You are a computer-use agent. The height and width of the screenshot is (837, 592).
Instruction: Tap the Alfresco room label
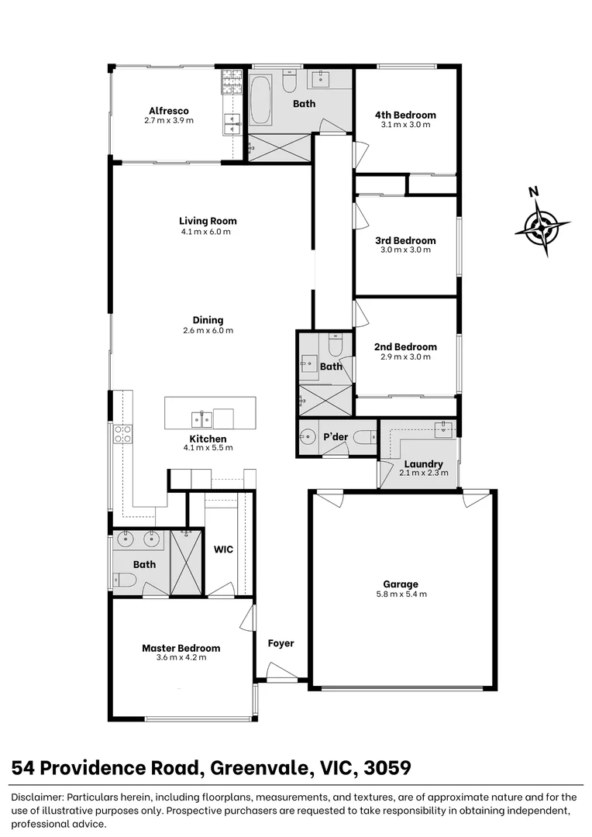coord(169,111)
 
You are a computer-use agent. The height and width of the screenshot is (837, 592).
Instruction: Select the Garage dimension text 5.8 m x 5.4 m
coord(400,594)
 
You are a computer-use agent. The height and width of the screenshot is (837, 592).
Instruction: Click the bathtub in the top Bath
coord(260,101)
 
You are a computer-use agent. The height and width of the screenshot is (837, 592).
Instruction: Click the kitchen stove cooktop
coord(122,434)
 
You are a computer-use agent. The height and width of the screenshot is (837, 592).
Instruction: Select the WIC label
coord(224,549)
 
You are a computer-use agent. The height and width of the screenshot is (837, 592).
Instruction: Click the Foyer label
coord(281,643)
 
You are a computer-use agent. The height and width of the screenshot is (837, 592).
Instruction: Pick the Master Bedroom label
coord(181,648)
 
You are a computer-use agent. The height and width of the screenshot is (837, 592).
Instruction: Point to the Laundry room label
coord(423,464)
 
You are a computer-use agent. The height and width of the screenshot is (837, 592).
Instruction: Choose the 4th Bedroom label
coord(405,115)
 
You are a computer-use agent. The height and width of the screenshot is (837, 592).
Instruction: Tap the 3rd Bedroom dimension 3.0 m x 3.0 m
coord(405,250)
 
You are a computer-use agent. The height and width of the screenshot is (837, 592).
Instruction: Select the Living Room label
coord(208,221)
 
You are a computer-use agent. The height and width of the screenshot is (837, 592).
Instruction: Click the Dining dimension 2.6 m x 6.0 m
coord(208,330)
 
